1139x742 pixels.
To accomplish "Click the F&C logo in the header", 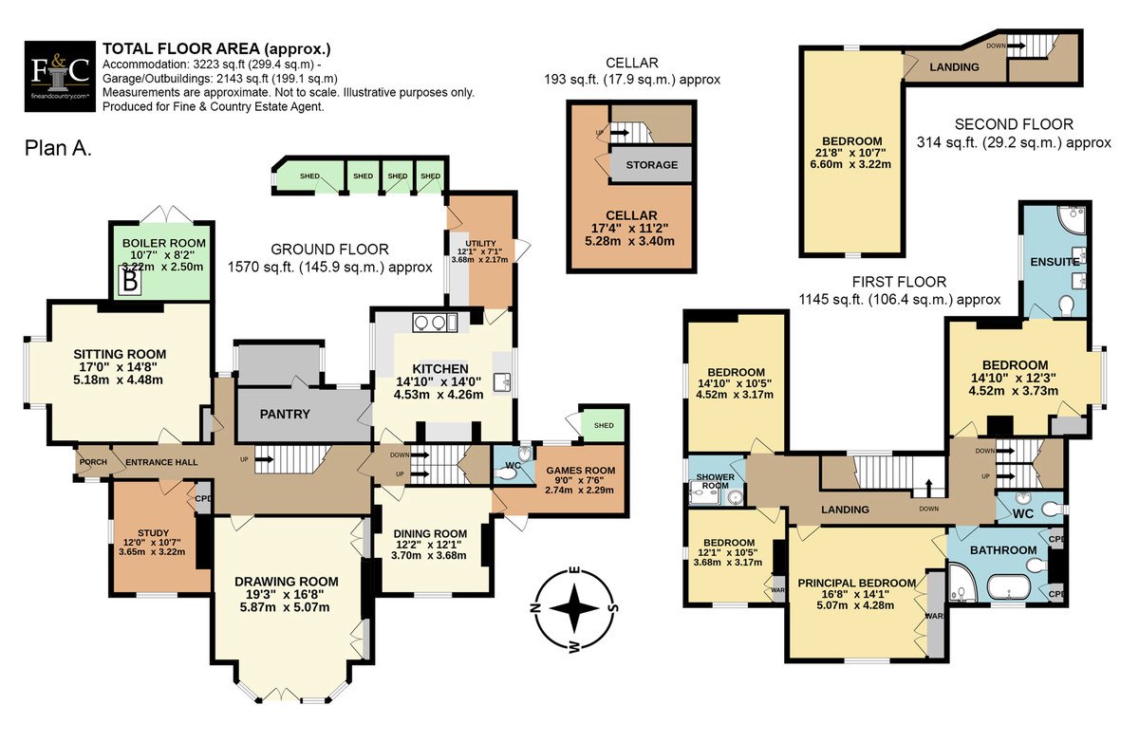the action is tap(60, 76).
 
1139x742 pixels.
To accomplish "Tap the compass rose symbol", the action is tap(574, 607).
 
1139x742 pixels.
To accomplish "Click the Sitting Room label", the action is tap(120, 354).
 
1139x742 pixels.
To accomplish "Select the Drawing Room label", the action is tap(287, 582).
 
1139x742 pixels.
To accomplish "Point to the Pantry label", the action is tap(285, 415).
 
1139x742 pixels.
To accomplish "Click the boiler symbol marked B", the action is tap(130, 281).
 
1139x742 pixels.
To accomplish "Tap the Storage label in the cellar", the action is tap(652, 165).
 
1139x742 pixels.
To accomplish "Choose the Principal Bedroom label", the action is tap(857, 583).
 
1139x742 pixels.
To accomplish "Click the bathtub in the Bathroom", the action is tap(1009, 588).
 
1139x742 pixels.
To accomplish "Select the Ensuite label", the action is tap(1055, 262).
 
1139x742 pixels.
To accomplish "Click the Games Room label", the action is tap(581, 471).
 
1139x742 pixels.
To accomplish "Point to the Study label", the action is tap(153, 532).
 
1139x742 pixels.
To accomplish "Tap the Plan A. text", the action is tap(58, 148).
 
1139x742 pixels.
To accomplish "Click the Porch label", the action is tap(93, 462).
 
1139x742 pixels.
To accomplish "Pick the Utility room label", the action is tap(480, 244).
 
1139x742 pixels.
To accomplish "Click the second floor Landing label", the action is tap(955, 67).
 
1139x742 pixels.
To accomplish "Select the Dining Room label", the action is tap(430, 533).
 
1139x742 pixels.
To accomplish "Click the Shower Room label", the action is tap(715, 481).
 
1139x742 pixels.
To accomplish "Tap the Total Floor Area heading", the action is tap(216, 48).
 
